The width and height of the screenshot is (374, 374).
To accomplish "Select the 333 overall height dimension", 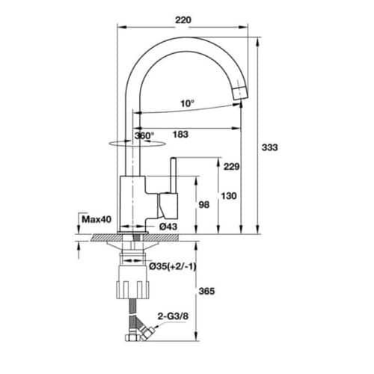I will point(270,148).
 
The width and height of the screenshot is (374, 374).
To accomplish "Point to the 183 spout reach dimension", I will point(180,135).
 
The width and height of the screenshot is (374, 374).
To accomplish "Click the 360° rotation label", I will point(144,135).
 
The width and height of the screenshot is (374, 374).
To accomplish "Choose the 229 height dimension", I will point(230,168).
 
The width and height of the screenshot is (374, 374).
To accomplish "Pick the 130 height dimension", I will point(230,196).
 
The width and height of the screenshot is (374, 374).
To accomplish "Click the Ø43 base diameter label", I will point(167,227).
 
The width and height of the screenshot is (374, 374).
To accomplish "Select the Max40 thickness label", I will point(96,219).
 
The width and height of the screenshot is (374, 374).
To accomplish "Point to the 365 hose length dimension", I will point(207,292).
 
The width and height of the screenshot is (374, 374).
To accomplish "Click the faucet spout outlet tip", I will point(239,92).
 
